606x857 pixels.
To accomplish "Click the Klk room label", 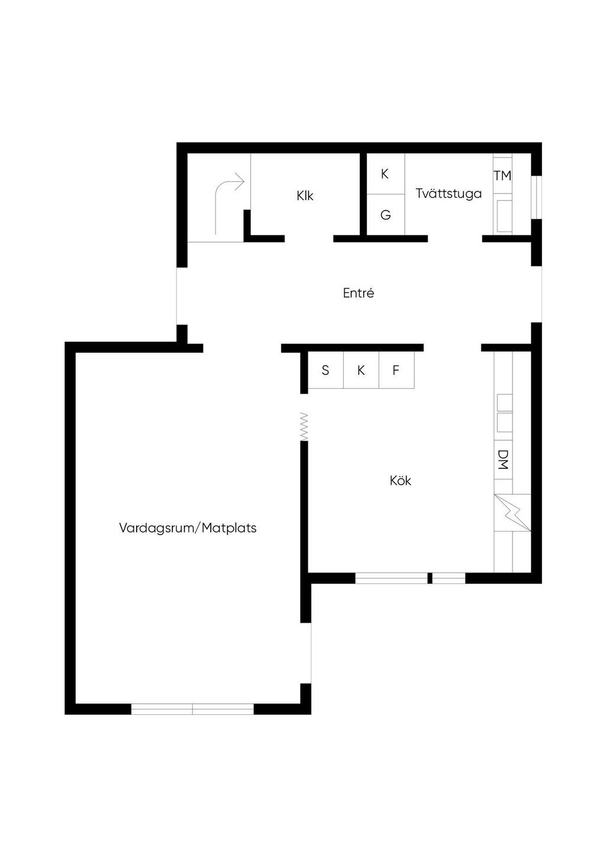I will point(305,195).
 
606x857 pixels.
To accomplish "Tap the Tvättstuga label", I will point(449,194).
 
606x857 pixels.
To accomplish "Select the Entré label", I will point(359,293).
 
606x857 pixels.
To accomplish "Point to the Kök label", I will point(401,481).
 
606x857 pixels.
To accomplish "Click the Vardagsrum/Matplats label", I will point(188,528).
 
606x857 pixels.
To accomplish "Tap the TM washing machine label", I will point(502,176).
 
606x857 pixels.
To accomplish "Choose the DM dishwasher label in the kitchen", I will point(503,459).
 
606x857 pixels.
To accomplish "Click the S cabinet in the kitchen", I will point(325,370).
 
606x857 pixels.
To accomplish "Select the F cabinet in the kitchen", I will point(396,370).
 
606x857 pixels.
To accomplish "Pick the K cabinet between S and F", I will point(361,370).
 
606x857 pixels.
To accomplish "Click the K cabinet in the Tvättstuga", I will point(385,174).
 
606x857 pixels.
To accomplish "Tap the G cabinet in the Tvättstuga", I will point(385,215).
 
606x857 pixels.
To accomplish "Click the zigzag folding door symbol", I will point(304,426).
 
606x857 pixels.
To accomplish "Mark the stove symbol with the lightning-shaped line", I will point(512,513).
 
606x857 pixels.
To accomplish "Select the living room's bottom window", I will point(192,709).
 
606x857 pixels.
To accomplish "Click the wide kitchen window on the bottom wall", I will point(391,578).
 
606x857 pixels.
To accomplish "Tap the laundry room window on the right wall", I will point(537,198).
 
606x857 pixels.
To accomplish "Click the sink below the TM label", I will point(504,216).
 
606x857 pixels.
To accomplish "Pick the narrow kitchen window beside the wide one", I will point(449,578).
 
